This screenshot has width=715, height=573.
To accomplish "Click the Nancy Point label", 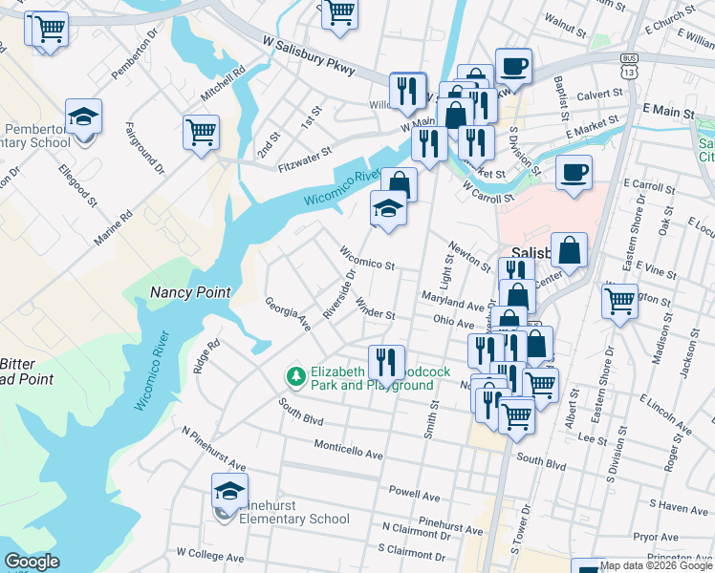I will pyautogui.click(x=190, y=292).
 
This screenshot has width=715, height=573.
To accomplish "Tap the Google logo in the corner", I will pyautogui.click(x=32, y=562).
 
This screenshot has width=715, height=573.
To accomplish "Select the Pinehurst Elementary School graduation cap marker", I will pyautogui.click(x=229, y=493).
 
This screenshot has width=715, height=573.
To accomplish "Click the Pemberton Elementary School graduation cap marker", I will pyautogui.click(x=84, y=118).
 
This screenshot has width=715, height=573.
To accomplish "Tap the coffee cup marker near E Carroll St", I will pyautogui.click(x=574, y=174).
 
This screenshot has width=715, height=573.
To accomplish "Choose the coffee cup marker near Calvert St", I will pyautogui.click(x=513, y=67).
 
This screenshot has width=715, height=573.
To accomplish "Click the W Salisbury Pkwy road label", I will pyautogui.click(x=309, y=54).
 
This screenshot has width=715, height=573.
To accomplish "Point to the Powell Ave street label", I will pyautogui.click(x=413, y=497).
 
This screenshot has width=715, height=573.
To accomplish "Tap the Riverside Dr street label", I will pyautogui.click(x=340, y=295).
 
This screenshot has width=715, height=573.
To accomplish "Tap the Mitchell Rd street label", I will pyautogui.click(x=223, y=84).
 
